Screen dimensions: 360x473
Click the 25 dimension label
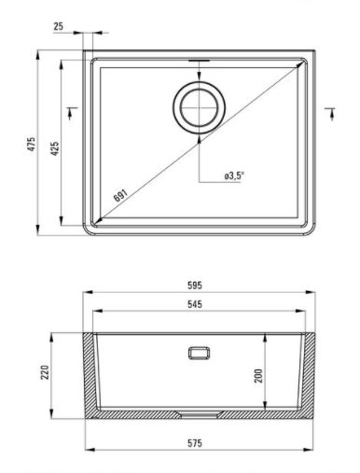tap(58, 26)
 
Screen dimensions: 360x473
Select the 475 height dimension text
tap(32, 144)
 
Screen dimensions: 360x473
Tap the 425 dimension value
tap(55, 148)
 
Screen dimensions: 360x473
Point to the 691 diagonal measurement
tap(120, 195)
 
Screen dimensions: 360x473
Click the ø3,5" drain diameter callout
tap(233, 176)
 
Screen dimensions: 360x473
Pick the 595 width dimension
tap(195, 285)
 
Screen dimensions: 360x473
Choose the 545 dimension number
tap(195, 304)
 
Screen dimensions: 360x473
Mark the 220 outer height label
tap(45, 372)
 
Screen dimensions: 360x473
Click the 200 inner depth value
tap(258, 376)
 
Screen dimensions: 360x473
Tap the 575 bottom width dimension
tap(195, 443)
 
